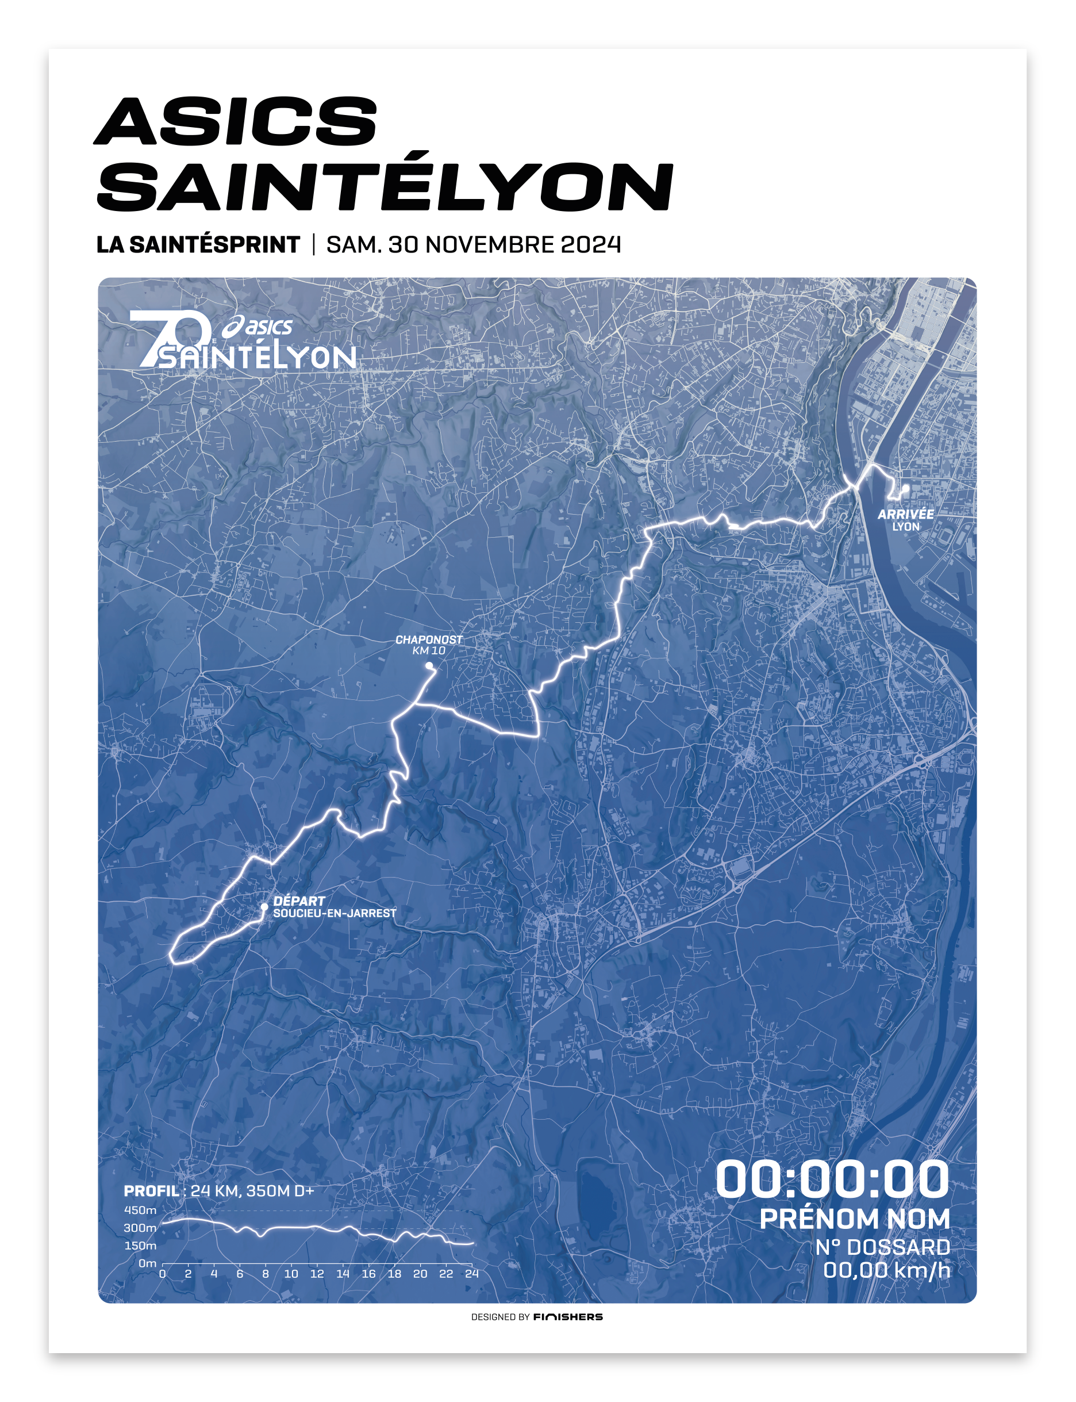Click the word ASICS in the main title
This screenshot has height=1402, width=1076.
pos(236,121)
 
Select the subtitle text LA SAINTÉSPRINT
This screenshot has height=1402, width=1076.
pos(198,245)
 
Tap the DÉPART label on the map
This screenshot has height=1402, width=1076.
pos(299,901)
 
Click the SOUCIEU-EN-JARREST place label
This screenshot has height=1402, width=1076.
pos(335,913)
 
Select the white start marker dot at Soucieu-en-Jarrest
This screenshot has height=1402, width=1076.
pos(264,907)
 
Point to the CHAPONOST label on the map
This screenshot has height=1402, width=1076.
pos(428,639)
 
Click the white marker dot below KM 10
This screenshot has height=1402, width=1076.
pos(429,666)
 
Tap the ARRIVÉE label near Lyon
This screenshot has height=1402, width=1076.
pos(905,514)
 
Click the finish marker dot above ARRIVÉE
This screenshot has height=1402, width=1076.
pos(906,488)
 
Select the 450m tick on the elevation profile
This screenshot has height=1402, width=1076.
pos(140,1211)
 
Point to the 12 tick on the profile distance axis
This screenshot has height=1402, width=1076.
pos(317,1274)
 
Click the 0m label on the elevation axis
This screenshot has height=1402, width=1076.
pos(147,1263)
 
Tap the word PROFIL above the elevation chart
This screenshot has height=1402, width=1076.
pos(152,1190)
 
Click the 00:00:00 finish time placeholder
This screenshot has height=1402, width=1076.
pos(831,1179)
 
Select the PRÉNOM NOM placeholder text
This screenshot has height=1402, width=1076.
pos(854,1219)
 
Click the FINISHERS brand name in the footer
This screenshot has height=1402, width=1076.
pos(567,1317)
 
